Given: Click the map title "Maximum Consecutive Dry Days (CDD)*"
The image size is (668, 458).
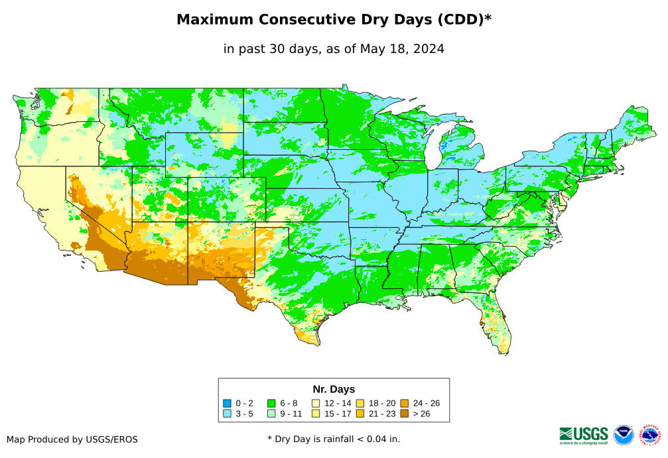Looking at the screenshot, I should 334,20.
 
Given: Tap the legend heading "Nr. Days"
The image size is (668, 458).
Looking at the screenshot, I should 334,389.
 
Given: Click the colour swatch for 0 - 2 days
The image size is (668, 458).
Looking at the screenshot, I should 228,403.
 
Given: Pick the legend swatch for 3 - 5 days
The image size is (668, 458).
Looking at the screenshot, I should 228,414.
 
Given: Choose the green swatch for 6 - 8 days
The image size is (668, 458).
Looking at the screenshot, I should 271,403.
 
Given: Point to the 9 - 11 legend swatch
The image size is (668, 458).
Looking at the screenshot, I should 271,414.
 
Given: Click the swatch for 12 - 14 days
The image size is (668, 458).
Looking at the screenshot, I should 316,403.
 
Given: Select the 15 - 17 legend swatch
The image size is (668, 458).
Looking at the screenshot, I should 316,414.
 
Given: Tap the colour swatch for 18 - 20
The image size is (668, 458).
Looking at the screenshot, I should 360,403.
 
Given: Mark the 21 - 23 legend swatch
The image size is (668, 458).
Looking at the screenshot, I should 360,414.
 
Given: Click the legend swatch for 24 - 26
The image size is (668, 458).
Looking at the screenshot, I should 404,403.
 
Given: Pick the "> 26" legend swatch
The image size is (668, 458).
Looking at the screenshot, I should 404,414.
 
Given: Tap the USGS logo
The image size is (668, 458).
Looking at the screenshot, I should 584,435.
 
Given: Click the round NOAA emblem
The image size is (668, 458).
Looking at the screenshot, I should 624,435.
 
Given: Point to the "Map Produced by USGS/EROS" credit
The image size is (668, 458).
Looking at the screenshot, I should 72,439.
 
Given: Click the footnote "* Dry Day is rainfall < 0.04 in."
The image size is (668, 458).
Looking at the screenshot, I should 334,439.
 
